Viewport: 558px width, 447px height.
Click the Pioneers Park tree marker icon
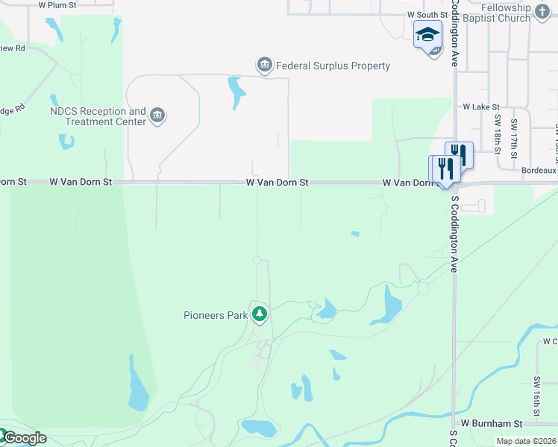click(260, 315)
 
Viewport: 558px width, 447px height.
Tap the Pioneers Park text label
click(216, 315)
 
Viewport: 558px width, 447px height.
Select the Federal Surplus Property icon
click(265, 66)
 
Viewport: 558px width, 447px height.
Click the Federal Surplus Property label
click(333, 66)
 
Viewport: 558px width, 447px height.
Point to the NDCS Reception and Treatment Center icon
click(157, 115)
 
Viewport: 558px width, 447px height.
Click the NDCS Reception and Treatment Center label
click(98, 115)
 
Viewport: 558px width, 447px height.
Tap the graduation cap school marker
click(428, 34)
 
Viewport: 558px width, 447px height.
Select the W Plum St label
click(57, 4)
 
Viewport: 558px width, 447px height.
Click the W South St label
click(427, 15)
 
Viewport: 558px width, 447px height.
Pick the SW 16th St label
click(536, 396)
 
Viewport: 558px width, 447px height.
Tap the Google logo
click(24, 438)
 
